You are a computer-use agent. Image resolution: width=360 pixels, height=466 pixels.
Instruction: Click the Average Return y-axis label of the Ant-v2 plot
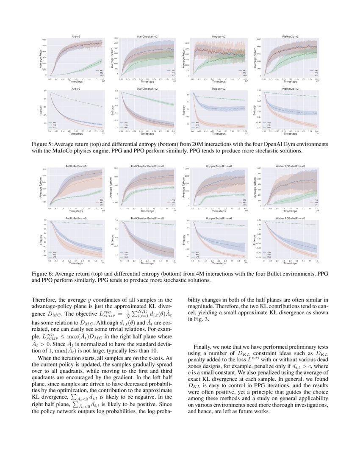(41, 58)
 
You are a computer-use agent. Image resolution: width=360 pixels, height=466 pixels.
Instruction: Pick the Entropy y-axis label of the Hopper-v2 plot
(184, 110)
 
